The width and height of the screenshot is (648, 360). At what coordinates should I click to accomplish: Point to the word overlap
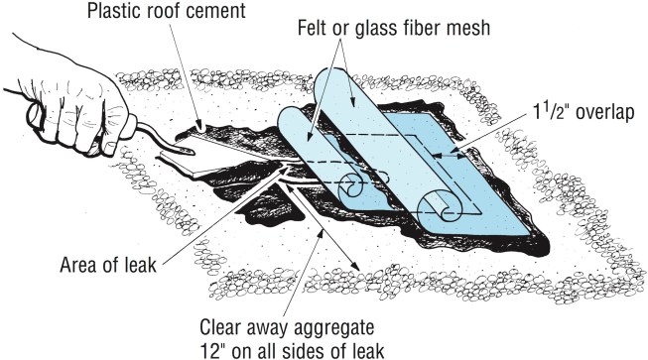605,113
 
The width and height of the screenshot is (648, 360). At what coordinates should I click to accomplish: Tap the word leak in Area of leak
140,265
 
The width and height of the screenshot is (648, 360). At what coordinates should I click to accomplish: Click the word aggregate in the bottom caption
333,328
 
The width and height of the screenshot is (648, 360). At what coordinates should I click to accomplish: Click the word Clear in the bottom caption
220,327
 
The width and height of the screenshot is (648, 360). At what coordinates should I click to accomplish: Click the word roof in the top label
160,12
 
